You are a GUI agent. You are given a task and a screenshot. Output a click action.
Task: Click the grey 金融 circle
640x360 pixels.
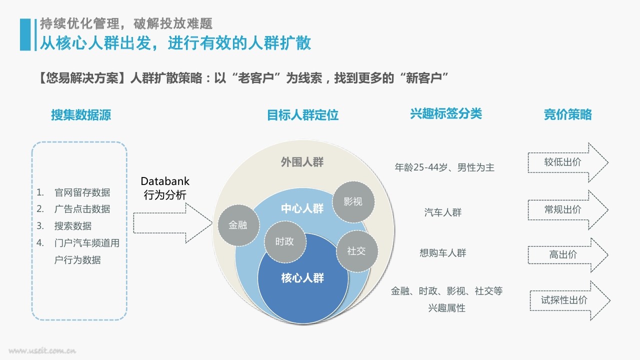pyautogui.click(x=238, y=225)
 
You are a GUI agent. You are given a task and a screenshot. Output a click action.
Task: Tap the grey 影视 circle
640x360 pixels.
pyautogui.click(x=353, y=201)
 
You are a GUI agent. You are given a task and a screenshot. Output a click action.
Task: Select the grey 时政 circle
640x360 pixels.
pyautogui.click(x=285, y=241)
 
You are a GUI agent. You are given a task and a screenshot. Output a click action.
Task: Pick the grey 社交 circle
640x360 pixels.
pyautogui.click(x=356, y=251)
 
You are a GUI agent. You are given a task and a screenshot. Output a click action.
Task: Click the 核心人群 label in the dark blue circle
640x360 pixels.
pyautogui.click(x=302, y=278)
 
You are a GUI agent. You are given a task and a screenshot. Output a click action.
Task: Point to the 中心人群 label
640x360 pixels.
pyautogui.click(x=302, y=208)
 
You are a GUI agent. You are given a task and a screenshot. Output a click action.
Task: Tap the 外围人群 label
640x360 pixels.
pyautogui.click(x=302, y=162)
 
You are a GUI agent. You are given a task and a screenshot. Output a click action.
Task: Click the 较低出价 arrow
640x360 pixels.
pyautogui.click(x=568, y=162)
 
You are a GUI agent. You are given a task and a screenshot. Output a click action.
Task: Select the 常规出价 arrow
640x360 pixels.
pyautogui.click(x=568, y=209)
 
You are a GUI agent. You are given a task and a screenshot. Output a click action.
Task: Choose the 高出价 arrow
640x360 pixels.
pyautogui.click(x=568, y=255)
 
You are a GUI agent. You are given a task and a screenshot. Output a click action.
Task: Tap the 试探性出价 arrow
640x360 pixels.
pyautogui.click(x=570, y=300)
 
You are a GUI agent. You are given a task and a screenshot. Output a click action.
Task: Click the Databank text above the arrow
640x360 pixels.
pyautogui.click(x=165, y=181)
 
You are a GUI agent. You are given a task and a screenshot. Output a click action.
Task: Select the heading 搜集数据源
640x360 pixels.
pyautogui.click(x=81, y=115)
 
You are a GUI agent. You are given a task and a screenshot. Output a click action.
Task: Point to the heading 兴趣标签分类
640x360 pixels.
pyautogui.click(x=446, y=113)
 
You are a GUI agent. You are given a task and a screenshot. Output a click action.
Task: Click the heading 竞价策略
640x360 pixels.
pyautogui.click(x=567, y=114)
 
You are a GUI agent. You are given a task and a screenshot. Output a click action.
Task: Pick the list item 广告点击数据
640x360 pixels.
pyautogui.click(x=82, y=209)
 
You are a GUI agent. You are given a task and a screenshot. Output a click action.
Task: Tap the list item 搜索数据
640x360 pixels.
pyautogui.click(x=73, y=226)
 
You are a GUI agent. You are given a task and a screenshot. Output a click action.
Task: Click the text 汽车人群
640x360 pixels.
pyautogui.click(x=443, y=212)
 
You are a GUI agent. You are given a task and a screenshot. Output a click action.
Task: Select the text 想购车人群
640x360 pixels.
pyautogui.click(x=443, y=253)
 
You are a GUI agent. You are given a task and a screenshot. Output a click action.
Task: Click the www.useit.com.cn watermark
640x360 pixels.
pyautogui.click(x=42, y=350)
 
